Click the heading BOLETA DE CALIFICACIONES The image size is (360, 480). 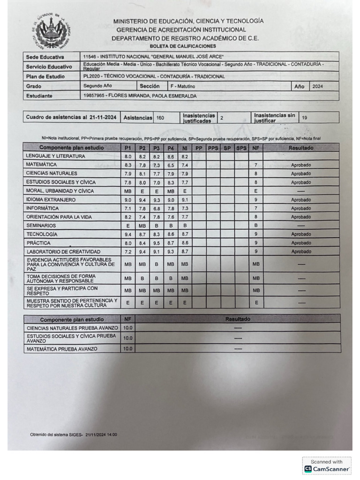[183, 46]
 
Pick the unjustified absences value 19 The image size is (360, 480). [305, 118]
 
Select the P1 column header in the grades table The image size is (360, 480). [128, 148]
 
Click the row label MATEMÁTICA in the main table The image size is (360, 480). [42, 165]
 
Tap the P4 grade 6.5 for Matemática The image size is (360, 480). [171, 165]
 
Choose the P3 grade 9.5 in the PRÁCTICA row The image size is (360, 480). [157, 243]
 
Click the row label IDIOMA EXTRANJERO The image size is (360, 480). [51, 200]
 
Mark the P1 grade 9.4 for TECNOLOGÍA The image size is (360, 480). [128, 234]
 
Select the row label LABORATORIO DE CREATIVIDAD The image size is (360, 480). [63, 252]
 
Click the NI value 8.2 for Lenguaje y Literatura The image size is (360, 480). [185, 157]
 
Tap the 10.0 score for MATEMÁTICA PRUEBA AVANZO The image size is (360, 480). [127, 349]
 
